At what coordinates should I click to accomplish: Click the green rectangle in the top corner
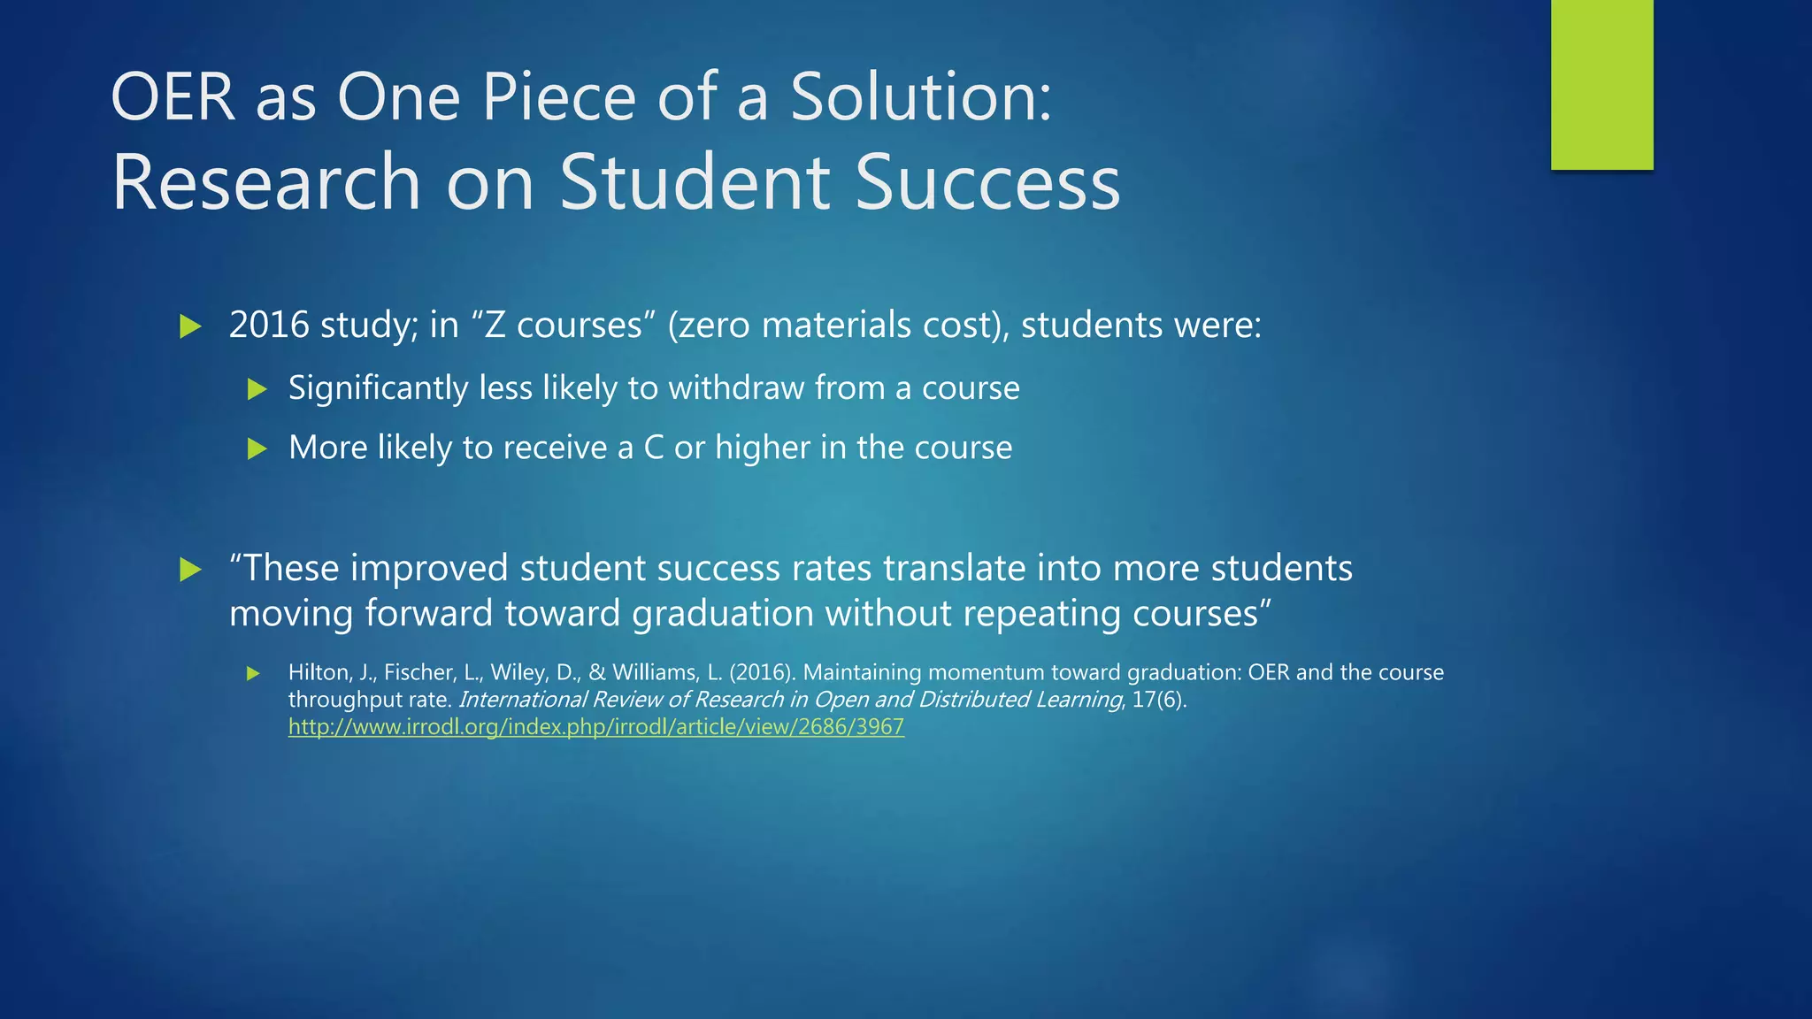[x=1601, y=84]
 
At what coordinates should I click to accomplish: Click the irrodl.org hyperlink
[x=595, y=727]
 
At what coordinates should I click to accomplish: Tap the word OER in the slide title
[x=173, y=96]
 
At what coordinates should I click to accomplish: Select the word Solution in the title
[x=920, y=96]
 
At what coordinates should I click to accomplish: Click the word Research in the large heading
[x=265, y=182]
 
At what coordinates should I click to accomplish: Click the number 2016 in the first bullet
[x=269, y=326]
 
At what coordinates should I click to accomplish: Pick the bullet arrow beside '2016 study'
[x=190, y=326]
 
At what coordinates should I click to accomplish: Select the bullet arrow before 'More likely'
[x=257, y=448]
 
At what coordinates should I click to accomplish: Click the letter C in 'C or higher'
[x=654, y=448]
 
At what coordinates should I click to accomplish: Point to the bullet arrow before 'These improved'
[x=190, y=570]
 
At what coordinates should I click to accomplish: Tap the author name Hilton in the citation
[x=319, y=673]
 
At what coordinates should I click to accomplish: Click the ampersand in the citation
[x=596, y=673]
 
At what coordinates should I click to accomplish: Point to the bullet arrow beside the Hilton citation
[x=253, y=674]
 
